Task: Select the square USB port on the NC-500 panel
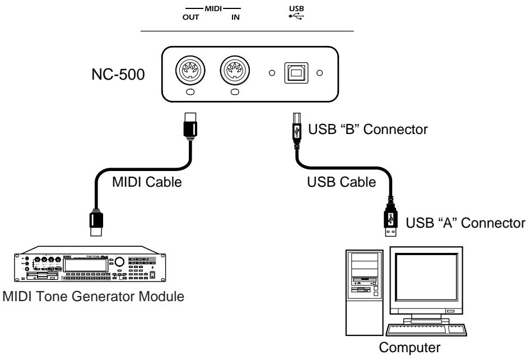point(295,73)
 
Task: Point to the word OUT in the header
point(183,18)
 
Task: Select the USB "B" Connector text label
point(368,130)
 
